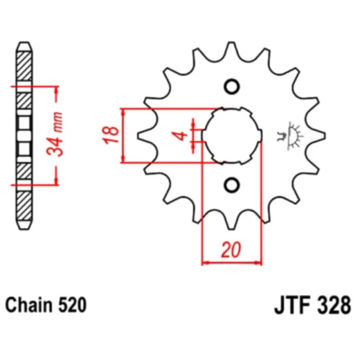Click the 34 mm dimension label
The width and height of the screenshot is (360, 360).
point(60,136)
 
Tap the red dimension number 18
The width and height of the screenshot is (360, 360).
point(109,136)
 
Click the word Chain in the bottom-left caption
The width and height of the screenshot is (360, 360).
point(28,305)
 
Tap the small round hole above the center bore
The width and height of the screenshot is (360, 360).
point(232,87)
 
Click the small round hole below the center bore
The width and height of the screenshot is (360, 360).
point(232,185)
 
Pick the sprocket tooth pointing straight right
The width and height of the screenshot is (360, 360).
point(321,136)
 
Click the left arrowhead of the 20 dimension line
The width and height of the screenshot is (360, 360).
point(206,263)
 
